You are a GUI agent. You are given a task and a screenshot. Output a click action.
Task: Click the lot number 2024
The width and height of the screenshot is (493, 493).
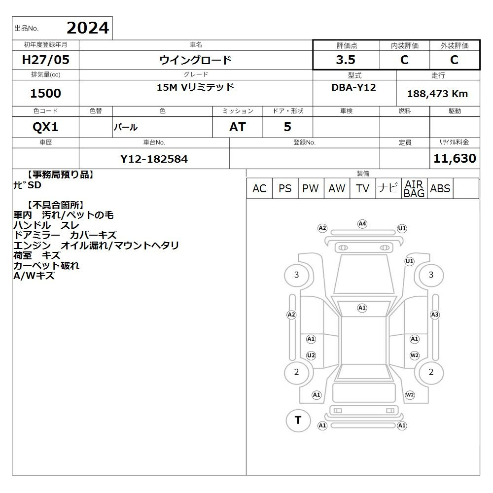click(88, 28)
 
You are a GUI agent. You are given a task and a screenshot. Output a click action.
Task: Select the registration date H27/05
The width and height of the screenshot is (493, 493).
click(45, 60)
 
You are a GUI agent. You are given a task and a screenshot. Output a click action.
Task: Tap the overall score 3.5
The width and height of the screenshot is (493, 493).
click(346, 60)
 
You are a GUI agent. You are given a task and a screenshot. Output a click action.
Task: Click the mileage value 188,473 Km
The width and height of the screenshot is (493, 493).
click(437, 94)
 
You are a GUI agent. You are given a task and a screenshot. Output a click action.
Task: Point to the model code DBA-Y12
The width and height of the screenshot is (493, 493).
click(353, 87)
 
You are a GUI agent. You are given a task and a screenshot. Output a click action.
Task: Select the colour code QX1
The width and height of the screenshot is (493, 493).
click(45, 127)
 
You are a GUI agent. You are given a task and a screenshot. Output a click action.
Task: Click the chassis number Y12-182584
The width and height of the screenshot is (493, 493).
click(154, 159)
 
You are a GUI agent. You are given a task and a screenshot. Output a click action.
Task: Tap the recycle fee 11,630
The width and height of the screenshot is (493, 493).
click(455, 158)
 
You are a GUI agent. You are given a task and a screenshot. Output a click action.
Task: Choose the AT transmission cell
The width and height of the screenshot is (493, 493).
click(238, 127)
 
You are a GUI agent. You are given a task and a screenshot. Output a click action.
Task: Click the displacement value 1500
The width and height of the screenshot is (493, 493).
click(45, 93)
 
